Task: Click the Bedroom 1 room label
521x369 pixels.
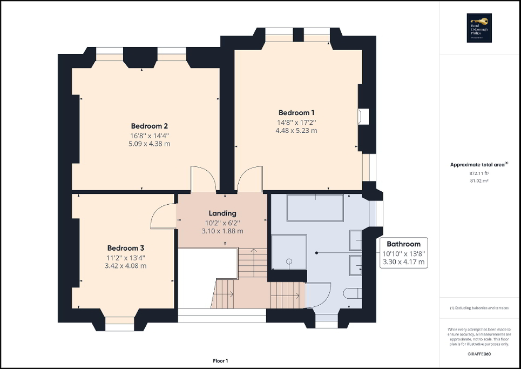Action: click(296, 112)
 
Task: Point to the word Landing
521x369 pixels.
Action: click(222, 213)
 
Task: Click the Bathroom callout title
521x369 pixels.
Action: click(403, 244)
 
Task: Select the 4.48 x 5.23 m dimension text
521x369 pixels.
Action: click(296, 130)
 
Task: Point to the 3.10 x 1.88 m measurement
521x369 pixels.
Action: click(222, 231)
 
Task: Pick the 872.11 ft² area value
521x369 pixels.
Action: click(479, 173)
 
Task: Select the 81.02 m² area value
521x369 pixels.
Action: click(479, 181)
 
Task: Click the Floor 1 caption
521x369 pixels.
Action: click(220, 360)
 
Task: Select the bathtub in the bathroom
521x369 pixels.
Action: click(315, 208)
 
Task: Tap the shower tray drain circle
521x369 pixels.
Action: click(289, 261)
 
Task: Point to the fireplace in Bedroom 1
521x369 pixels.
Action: click(364, 116)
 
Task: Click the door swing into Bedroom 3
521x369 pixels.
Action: click(162, 217)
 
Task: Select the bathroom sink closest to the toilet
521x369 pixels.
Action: click(355, 265)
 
